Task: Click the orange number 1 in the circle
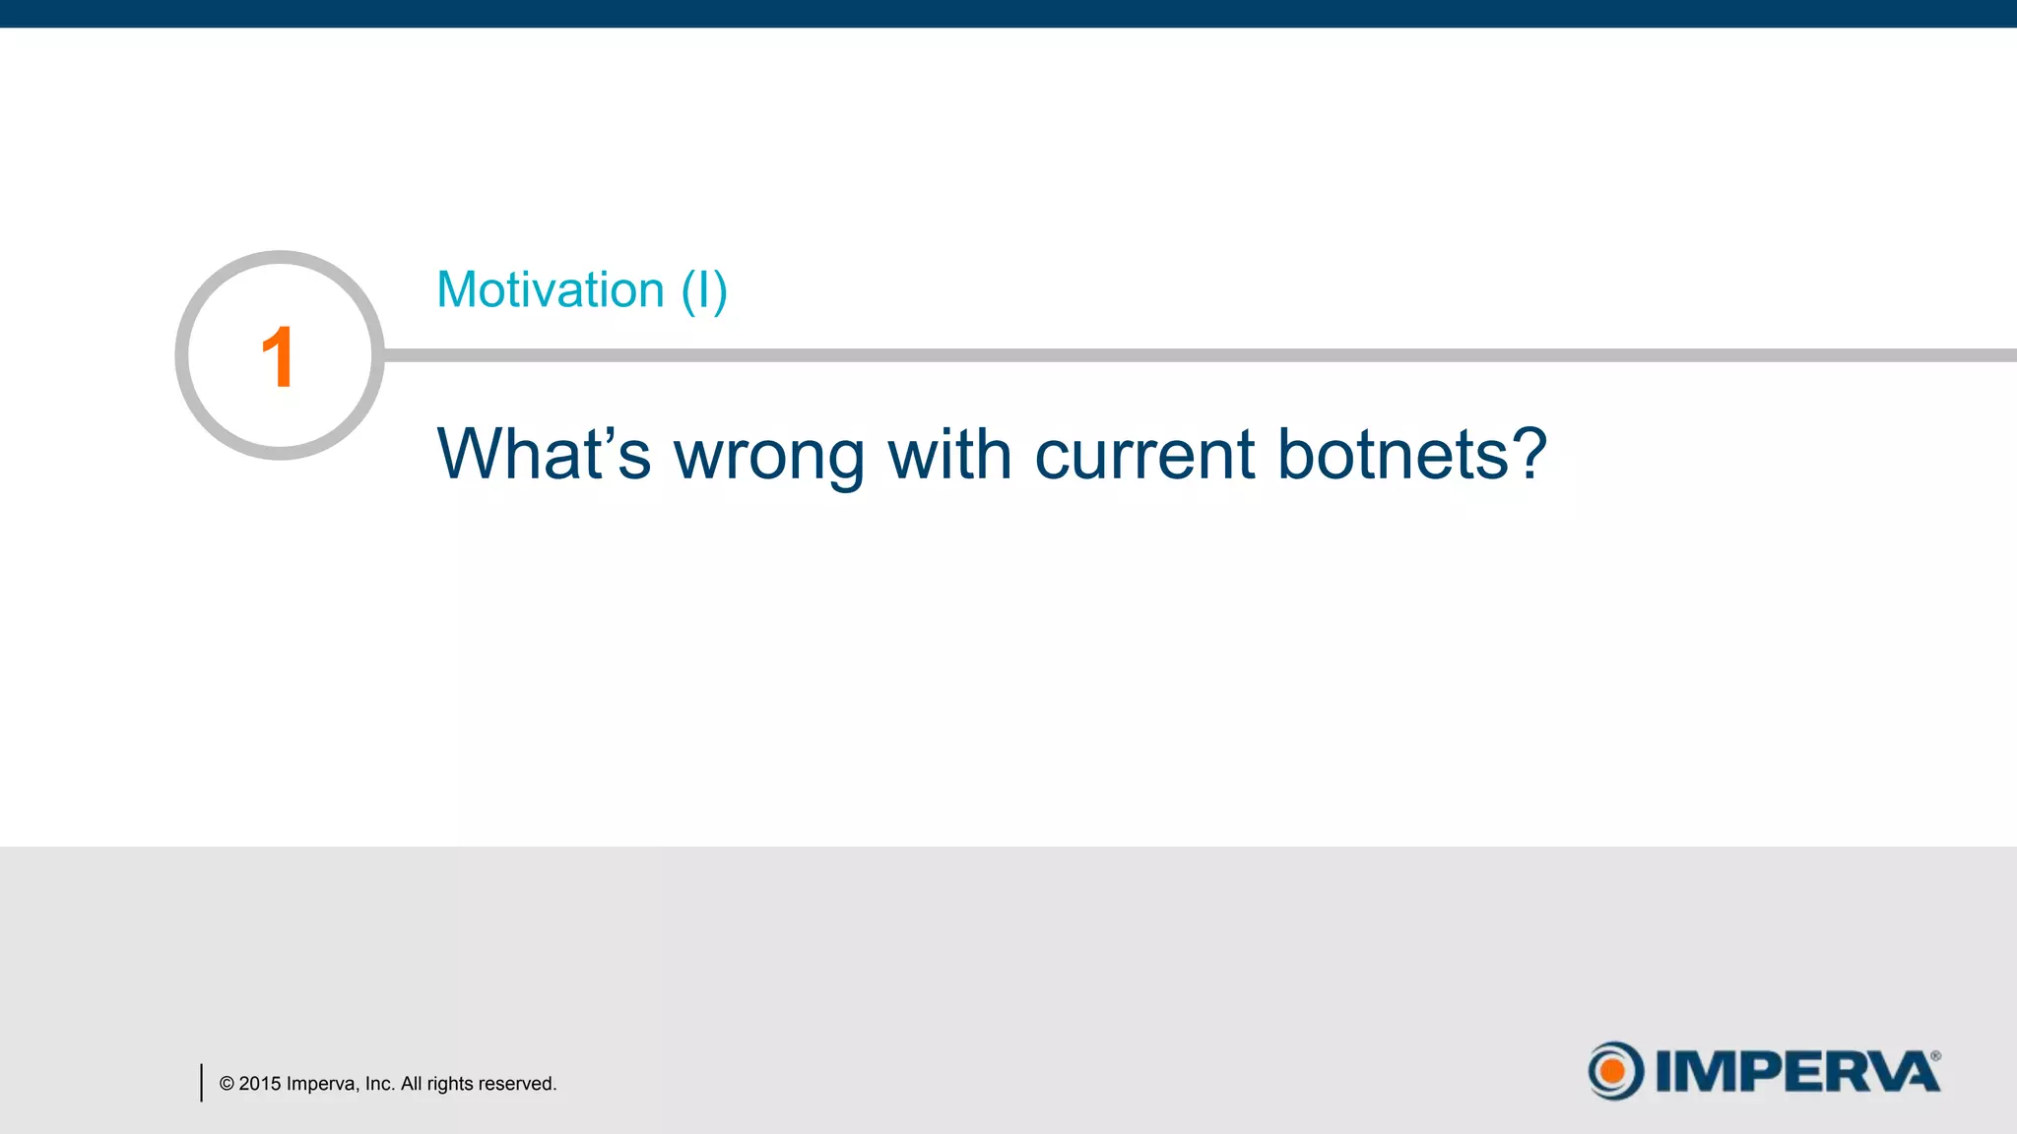[278, 357]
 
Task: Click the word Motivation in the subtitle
[551, 290]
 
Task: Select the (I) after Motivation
[704, 291]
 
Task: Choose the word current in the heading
[1144, 456]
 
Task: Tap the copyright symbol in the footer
[227, 1084]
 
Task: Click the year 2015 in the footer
[260, 1084]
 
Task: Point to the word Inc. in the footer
[380, 1084]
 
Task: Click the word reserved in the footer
[517, 1084]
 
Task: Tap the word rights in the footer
[450, 1084]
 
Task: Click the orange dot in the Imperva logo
[1612, 1071]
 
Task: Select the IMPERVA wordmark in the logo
[1796, 1072]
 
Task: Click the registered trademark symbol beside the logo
[1935, 1056]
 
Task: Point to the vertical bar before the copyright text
[202, 1083]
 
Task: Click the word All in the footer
[412, 1084]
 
